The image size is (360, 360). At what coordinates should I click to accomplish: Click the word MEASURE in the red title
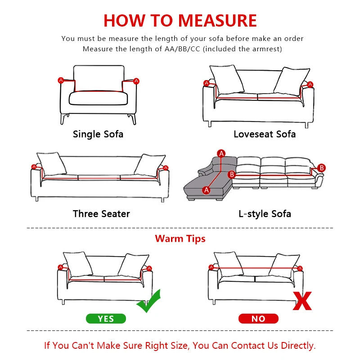coord(218,21)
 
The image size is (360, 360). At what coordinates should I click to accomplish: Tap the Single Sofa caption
coord(98,134)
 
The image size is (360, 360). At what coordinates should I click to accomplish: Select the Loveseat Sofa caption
coord(265,134)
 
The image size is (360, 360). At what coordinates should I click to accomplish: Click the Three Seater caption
coord(101,214)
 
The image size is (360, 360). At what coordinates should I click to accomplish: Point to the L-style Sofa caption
coord(265,214)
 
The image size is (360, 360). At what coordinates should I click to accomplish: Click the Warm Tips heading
coord(180,238)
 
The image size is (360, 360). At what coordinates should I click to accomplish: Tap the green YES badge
coord(106,319)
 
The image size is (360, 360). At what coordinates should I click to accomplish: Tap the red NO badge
coord(258,319)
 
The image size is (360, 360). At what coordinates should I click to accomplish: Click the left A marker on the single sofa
coord(61,80)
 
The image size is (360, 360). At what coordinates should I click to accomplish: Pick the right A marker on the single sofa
coord(136,81)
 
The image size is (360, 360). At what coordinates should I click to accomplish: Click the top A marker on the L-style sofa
coord(221,154)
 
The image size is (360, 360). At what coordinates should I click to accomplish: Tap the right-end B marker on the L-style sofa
coord(321,168)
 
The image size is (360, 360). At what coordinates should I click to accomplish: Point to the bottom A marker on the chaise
coord(207,190)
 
